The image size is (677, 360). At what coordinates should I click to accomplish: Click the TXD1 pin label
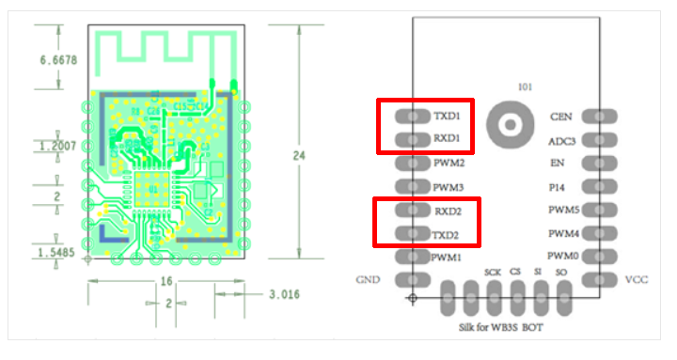coord(447,116)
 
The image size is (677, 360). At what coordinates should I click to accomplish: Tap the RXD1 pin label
coord(447,138)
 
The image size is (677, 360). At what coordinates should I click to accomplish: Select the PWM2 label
coord(449,163)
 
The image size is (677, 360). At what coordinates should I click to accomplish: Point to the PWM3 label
coord(449,187)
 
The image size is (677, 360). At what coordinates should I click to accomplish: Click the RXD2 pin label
coord(448,211)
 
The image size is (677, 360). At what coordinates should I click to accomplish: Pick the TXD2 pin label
coord(445,235)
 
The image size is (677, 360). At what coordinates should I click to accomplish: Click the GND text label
coord(368,280)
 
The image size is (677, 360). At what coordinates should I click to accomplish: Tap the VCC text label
coord(637,280)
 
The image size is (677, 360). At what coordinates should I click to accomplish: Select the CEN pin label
coord(560,117)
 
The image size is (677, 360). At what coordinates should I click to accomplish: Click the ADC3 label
coord(561,142)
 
